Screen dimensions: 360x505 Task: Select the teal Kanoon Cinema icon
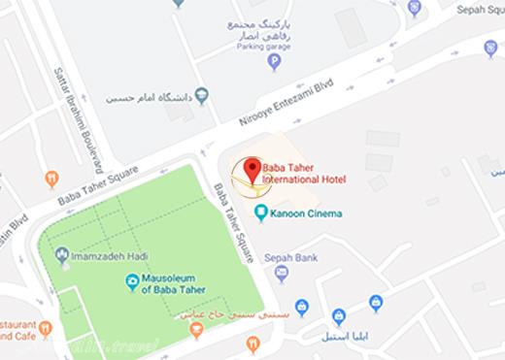[259, 212]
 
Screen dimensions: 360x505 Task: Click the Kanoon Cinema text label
[308, 213]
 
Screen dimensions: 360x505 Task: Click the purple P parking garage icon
[275, 63]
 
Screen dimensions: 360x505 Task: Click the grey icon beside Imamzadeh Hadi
[64, 256]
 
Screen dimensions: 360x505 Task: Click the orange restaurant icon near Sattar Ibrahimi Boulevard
[51, 179]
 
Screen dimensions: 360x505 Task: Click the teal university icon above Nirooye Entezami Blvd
[202, 95]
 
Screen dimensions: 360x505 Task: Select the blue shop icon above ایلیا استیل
[338, 316]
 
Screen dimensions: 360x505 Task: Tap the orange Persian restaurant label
[220, 315]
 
